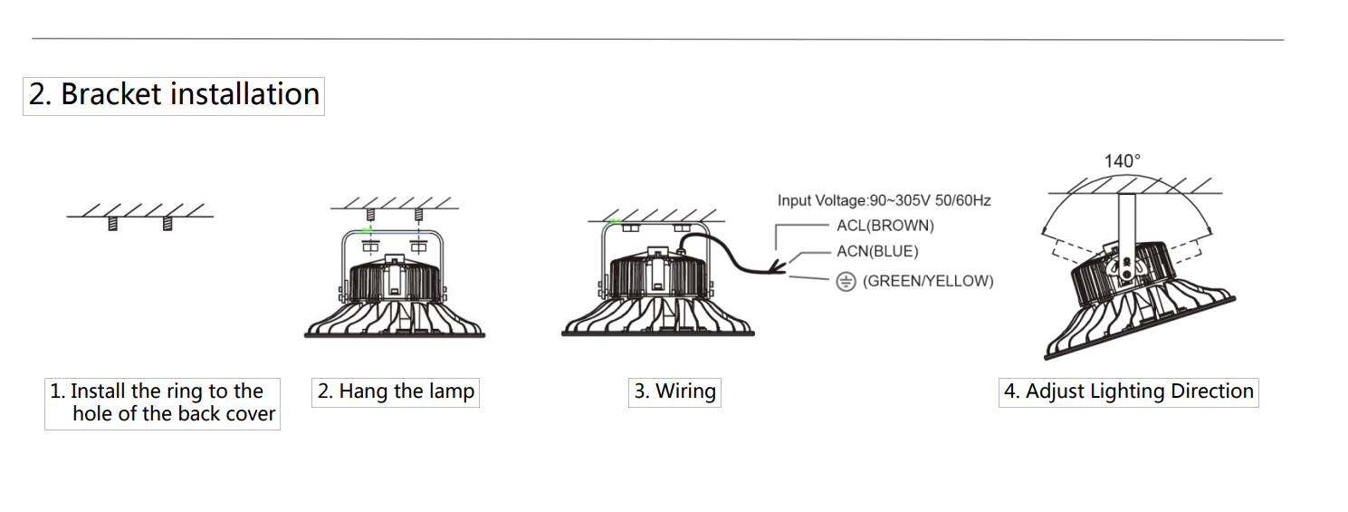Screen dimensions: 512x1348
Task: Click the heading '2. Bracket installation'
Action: pos(174,95)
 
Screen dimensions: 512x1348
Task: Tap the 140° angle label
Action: pos(1122,161)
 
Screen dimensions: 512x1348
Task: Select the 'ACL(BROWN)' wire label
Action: pos(884,226)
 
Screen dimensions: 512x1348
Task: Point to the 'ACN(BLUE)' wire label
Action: pos(876,252)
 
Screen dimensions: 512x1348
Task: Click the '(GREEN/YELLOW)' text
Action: pos(927,281)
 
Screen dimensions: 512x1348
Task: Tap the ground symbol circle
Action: pos(846,282)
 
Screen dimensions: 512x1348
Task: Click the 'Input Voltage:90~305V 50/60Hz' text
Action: pos(884,200)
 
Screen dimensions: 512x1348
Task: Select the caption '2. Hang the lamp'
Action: pos(396,392)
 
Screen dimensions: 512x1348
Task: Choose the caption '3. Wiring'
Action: pos(674,392)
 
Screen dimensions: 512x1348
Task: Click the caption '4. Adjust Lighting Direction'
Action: pos(1128,392)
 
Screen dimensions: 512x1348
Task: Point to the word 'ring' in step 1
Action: pos(186,392)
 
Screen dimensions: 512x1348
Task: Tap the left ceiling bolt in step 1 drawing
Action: pos(113,223)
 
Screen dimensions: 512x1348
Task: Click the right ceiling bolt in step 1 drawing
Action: pos(167,223)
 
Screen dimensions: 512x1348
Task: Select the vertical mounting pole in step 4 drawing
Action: pos(1126,223)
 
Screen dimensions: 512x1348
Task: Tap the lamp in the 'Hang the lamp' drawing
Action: pos(395,295)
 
